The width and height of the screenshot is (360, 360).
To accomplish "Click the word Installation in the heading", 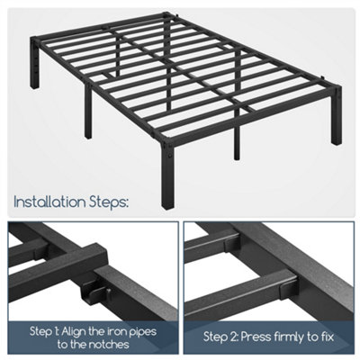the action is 50,202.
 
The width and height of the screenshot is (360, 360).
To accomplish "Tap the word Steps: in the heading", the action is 109,202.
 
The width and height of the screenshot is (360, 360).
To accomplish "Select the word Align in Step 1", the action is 74,331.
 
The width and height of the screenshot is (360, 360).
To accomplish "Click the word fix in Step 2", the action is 327,337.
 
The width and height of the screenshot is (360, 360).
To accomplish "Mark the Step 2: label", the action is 221,337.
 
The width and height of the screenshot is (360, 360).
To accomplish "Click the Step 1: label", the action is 44,332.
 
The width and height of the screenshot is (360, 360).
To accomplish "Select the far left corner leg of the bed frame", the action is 34,63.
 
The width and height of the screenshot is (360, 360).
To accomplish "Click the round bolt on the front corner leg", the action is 170,156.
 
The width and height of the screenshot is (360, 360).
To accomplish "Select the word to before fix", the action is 312,337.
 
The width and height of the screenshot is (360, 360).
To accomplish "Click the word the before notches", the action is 77,345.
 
